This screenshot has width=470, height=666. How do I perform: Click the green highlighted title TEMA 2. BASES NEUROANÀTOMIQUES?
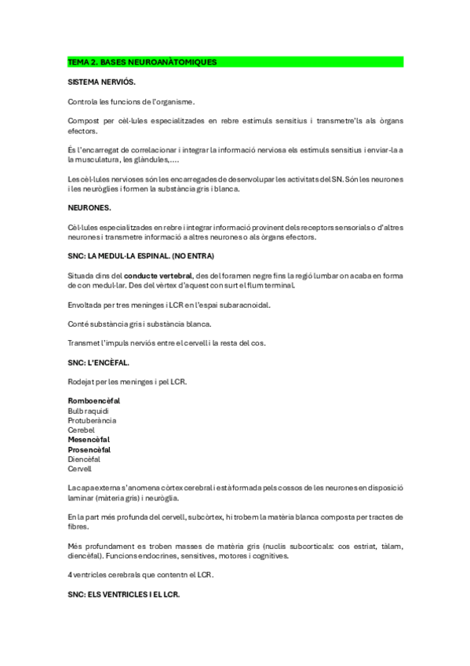142,61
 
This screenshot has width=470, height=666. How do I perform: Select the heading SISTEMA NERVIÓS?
101,82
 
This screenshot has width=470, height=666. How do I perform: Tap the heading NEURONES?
89,207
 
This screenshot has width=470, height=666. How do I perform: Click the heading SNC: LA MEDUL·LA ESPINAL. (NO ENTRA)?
141,256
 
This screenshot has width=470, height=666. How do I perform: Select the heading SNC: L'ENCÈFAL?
99,363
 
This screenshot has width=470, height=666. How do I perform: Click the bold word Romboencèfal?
93,401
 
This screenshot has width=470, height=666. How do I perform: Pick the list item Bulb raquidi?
88,411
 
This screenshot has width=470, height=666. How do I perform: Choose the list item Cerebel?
81,430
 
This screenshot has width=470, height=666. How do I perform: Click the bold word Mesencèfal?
89,440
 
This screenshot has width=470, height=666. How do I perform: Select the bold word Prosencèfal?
89,450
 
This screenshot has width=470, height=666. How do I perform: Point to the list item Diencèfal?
84,459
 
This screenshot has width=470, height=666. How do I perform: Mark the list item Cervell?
79,469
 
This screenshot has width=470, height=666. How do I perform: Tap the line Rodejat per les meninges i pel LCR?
127,382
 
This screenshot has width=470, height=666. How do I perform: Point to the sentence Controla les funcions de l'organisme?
131,101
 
